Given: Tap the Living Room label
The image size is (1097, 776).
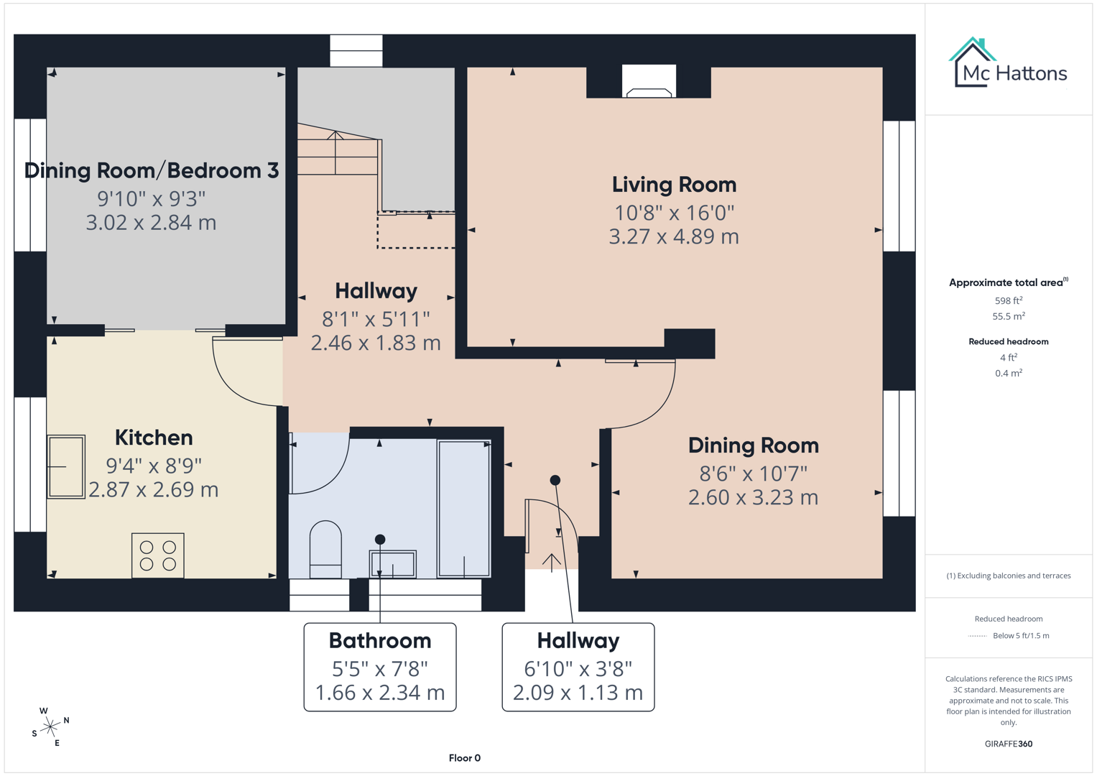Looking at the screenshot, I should click(674, 185).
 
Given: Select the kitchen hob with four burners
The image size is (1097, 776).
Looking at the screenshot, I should click(158, 555).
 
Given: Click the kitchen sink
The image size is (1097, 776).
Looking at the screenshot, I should click(66, 466).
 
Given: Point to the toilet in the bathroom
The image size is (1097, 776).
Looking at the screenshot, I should click(325, 549).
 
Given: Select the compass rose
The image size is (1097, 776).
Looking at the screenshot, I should click(50, 727).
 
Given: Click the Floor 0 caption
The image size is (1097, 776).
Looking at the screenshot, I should click(464, 758).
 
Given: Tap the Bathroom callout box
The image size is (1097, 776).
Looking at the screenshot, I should click(380, 667).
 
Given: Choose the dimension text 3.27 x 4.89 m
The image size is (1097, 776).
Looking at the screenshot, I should click(674, 236).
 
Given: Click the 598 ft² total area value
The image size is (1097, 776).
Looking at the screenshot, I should click(1008, 300).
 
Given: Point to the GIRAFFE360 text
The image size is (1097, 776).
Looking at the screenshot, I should click(1008, 744).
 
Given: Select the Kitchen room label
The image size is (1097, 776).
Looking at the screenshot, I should click(154, 438).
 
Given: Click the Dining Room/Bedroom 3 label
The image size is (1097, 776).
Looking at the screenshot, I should click(152, 170).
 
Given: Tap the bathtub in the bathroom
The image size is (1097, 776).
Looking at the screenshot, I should click(464, 509).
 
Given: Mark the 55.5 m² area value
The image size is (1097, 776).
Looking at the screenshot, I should click(1008, 316).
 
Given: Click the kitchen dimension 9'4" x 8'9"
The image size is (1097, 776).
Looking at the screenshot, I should click(154, 466).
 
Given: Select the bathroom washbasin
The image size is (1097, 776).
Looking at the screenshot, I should click(392, 564).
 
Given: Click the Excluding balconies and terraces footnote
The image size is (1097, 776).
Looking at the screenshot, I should click(1008, 576).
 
